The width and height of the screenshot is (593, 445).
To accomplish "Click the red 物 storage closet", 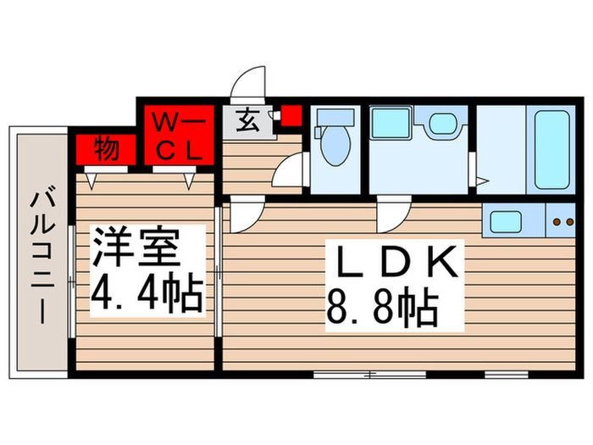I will coord(105,149).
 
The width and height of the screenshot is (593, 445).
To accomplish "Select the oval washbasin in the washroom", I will coord(441,124).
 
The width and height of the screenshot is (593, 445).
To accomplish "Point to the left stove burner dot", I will coord(556,223).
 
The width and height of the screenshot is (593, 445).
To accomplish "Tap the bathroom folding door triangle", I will coord(481,181).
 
